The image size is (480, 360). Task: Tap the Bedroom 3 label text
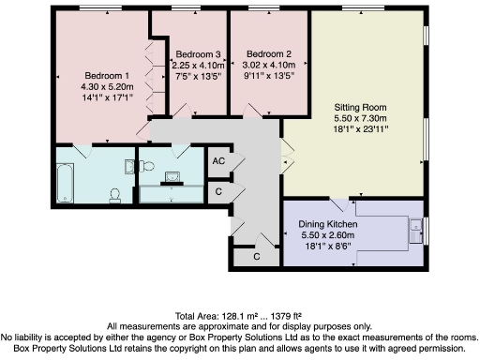pyautogui.click(x=198, y=54)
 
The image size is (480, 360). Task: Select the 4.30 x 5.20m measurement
pyautogui.click(x=107, y=86)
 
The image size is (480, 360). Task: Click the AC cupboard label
pyautogui.click(x=218, y=161)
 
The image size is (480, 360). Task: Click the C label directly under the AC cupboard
pyautogui.click(x=218, y=191)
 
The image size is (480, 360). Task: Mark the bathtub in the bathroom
pyautogui.click(x=65, y=182)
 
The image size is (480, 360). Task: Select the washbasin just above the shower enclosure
pyautogui.click(x=172, y=175)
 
